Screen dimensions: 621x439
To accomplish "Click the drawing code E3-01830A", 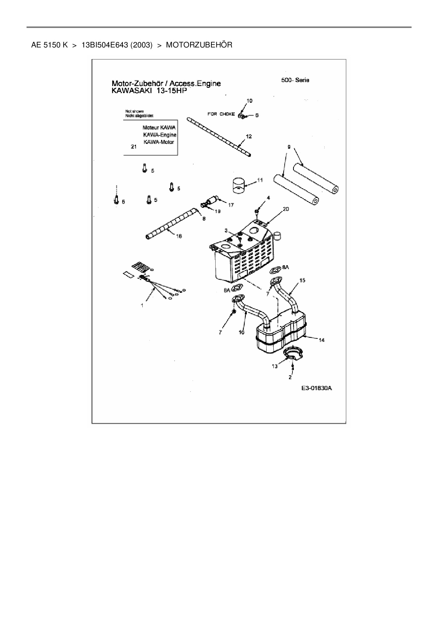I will click(x=316, y=388).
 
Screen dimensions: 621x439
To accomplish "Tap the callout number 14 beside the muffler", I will click(x=321, y=340).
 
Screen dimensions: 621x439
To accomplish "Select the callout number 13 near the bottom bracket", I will click(x=275, y=366).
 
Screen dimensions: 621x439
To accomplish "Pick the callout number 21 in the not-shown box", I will click(x=133, y=147).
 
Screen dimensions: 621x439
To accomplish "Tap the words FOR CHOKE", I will click(x=221, y=114).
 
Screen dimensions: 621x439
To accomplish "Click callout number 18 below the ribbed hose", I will click(x=179, y=236).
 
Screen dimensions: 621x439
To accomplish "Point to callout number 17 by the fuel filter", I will click(x=231, y=205).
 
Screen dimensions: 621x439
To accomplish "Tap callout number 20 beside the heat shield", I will click(x=286, y=209).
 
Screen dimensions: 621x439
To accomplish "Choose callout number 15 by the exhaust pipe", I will click(x=302, y=280).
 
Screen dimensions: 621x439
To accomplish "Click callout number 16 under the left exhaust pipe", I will click(x=241, y=332).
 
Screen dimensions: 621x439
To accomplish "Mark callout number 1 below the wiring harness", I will click(x=142, y=305).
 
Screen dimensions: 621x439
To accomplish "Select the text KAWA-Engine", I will click(x=159, y=135).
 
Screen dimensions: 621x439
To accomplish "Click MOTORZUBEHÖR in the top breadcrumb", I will click(x=199, y=45).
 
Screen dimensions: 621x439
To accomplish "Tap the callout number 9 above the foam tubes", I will click(x=289, y=147).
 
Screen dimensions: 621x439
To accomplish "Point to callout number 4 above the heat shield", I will click(x=268, y=198).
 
